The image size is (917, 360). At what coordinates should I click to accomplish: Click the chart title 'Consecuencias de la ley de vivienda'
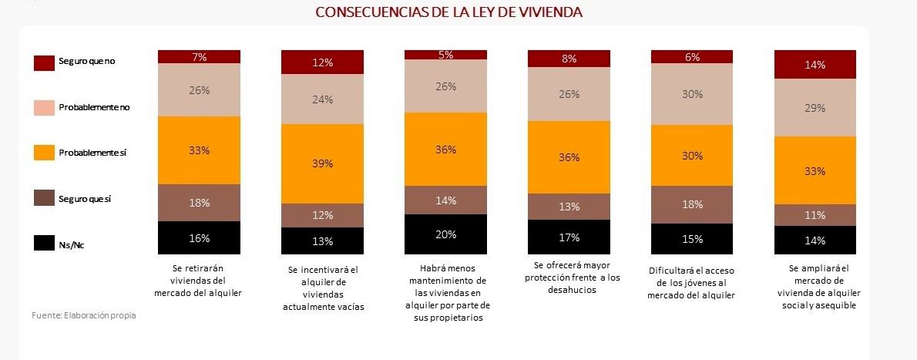click(x=448, y=12)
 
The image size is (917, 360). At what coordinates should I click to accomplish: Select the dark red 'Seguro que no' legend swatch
click(x=45, y=62)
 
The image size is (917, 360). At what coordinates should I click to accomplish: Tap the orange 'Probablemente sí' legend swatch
click(x=45, y=153)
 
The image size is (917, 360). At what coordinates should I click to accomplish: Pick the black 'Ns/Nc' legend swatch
click(x=45, y=245)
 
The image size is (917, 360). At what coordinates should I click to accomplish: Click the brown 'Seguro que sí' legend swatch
click(x=45, y=200)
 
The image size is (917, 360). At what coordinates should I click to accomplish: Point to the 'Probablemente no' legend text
click(x=94, y=107)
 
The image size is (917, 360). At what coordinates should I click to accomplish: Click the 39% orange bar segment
click(x=322, y=163)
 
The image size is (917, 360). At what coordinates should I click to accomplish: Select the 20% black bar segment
click(x=445, y=234)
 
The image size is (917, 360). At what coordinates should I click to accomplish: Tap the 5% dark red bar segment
click(x=445, y=55)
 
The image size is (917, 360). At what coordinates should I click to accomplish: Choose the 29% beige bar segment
click(x=815, y=108)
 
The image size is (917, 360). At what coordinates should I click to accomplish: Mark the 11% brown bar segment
click(x=815, y=215)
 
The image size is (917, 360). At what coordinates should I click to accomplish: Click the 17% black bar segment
click(x=569, y=237)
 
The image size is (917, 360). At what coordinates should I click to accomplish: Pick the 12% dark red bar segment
click(x=322, y=62)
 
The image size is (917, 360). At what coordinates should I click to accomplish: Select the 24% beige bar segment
click(x=322, y=99)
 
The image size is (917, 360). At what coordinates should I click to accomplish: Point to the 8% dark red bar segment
click(x=569, y=59)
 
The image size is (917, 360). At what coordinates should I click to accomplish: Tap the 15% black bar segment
click(x=692, y=239)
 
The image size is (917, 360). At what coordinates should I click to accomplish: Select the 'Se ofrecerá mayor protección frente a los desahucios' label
click(x=569, y=278)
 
